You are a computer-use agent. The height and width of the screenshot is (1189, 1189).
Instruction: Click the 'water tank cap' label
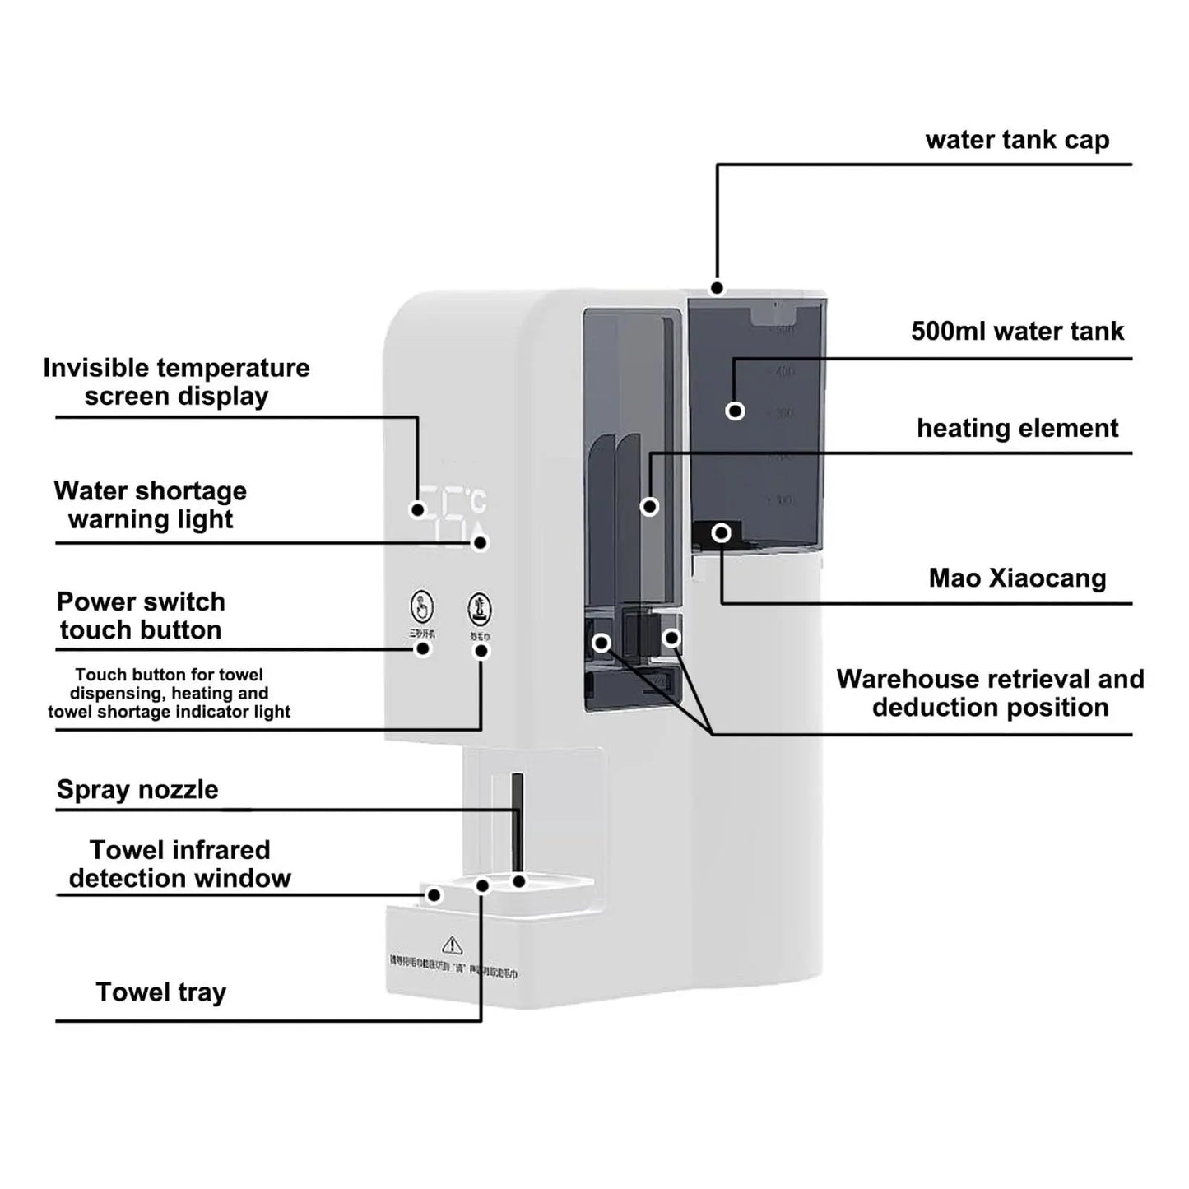(1017, 140)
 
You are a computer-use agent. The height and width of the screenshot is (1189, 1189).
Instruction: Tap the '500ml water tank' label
(1017, 331)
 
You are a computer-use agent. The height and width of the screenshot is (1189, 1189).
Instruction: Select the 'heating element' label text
(1017, 428)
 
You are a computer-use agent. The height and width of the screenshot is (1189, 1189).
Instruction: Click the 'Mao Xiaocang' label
(1017, 578)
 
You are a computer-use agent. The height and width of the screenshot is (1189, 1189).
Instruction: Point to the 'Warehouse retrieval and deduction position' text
(990, 693)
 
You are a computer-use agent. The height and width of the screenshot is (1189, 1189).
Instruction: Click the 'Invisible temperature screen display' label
(176, 382)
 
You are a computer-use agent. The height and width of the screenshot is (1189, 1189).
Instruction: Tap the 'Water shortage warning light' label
(151, 505)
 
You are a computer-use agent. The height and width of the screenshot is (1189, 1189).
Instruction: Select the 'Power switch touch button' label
(141, 615)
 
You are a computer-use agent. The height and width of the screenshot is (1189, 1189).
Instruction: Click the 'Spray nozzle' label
(137, 789)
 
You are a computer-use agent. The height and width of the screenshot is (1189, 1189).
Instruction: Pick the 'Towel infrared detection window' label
(179, 864)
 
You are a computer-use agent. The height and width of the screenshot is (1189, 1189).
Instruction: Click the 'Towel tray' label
(160, 992)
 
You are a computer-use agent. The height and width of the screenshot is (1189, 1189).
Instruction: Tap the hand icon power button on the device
(422, 607)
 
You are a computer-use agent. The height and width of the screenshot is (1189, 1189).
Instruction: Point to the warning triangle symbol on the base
(452, 945)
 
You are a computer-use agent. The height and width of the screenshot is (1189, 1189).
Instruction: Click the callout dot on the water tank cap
(718, 288)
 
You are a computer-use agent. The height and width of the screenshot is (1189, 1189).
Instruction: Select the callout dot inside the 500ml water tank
(735, 411)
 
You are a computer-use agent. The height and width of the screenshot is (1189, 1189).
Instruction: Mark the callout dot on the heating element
(649, 506)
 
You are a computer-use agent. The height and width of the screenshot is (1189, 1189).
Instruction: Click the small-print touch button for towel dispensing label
(169, 693)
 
